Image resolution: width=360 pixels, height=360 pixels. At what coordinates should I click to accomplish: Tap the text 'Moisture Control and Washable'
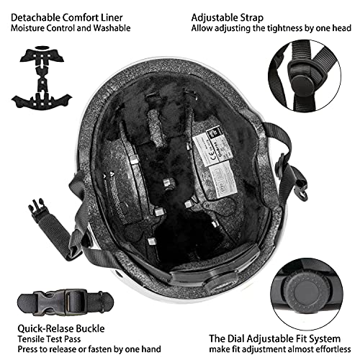[70, 28]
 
